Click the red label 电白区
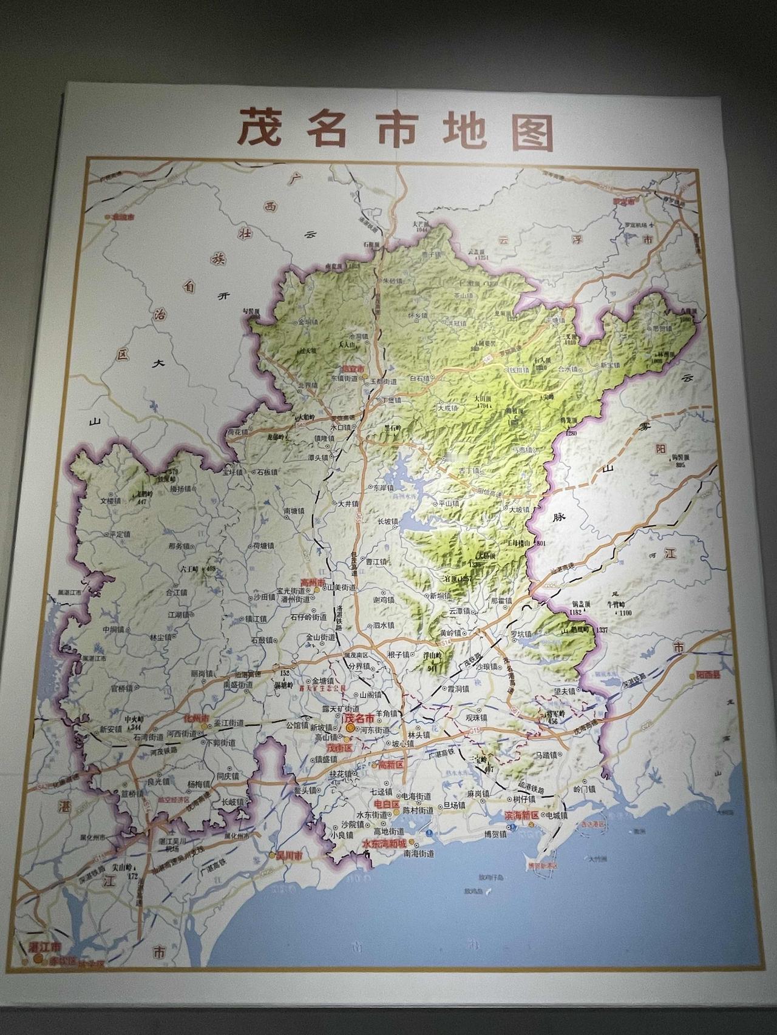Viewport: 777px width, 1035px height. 387,804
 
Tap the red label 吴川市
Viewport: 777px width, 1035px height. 289,855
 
